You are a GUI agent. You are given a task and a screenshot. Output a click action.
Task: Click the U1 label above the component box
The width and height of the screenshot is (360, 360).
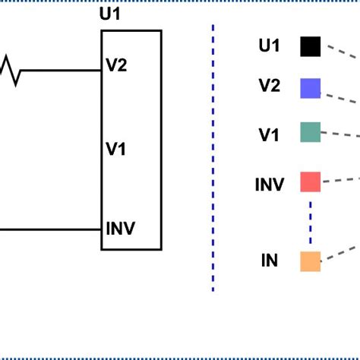tap(111, 14)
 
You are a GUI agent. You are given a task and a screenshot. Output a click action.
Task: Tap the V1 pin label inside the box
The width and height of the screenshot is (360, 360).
tap(115, 149)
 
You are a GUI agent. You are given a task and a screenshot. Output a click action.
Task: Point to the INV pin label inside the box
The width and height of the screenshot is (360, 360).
tap(121, 229)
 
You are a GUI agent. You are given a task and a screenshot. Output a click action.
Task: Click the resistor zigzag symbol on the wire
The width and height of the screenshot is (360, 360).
tap(11, 71)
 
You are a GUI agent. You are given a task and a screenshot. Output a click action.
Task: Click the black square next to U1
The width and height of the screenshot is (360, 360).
tap(310, 47)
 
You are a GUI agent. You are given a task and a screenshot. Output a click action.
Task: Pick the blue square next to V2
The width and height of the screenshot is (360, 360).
tap(310, 88)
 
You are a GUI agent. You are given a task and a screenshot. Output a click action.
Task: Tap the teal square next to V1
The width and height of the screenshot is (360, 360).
tap(310, 132)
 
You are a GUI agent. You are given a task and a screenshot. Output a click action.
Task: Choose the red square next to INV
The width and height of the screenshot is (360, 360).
tap(310, 182)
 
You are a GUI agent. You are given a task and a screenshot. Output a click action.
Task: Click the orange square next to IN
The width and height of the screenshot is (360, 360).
tap(310, 261)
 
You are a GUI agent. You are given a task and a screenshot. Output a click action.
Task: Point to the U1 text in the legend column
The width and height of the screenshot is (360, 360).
tap(269, 46)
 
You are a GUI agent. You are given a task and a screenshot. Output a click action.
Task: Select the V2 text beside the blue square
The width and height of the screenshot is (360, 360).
tap(269, 87)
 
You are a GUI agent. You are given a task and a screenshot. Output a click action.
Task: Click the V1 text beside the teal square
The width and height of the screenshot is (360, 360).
tap(269, 135)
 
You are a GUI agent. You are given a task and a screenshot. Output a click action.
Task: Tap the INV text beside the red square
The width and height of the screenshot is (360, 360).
tap(269, 185)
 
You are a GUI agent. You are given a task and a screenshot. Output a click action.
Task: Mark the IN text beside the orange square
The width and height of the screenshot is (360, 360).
tap(269, 261)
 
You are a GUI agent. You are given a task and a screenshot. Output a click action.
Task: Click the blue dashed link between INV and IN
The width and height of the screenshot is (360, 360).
tap(310, 221)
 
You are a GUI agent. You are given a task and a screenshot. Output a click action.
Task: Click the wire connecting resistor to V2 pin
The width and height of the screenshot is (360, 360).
tap(61, 71)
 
